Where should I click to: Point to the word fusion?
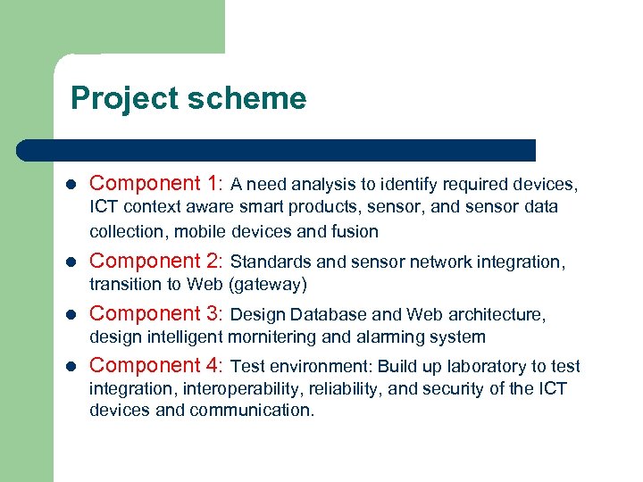point(355,232)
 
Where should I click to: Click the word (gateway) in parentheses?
point(268,285)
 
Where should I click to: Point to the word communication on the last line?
point(260,411)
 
